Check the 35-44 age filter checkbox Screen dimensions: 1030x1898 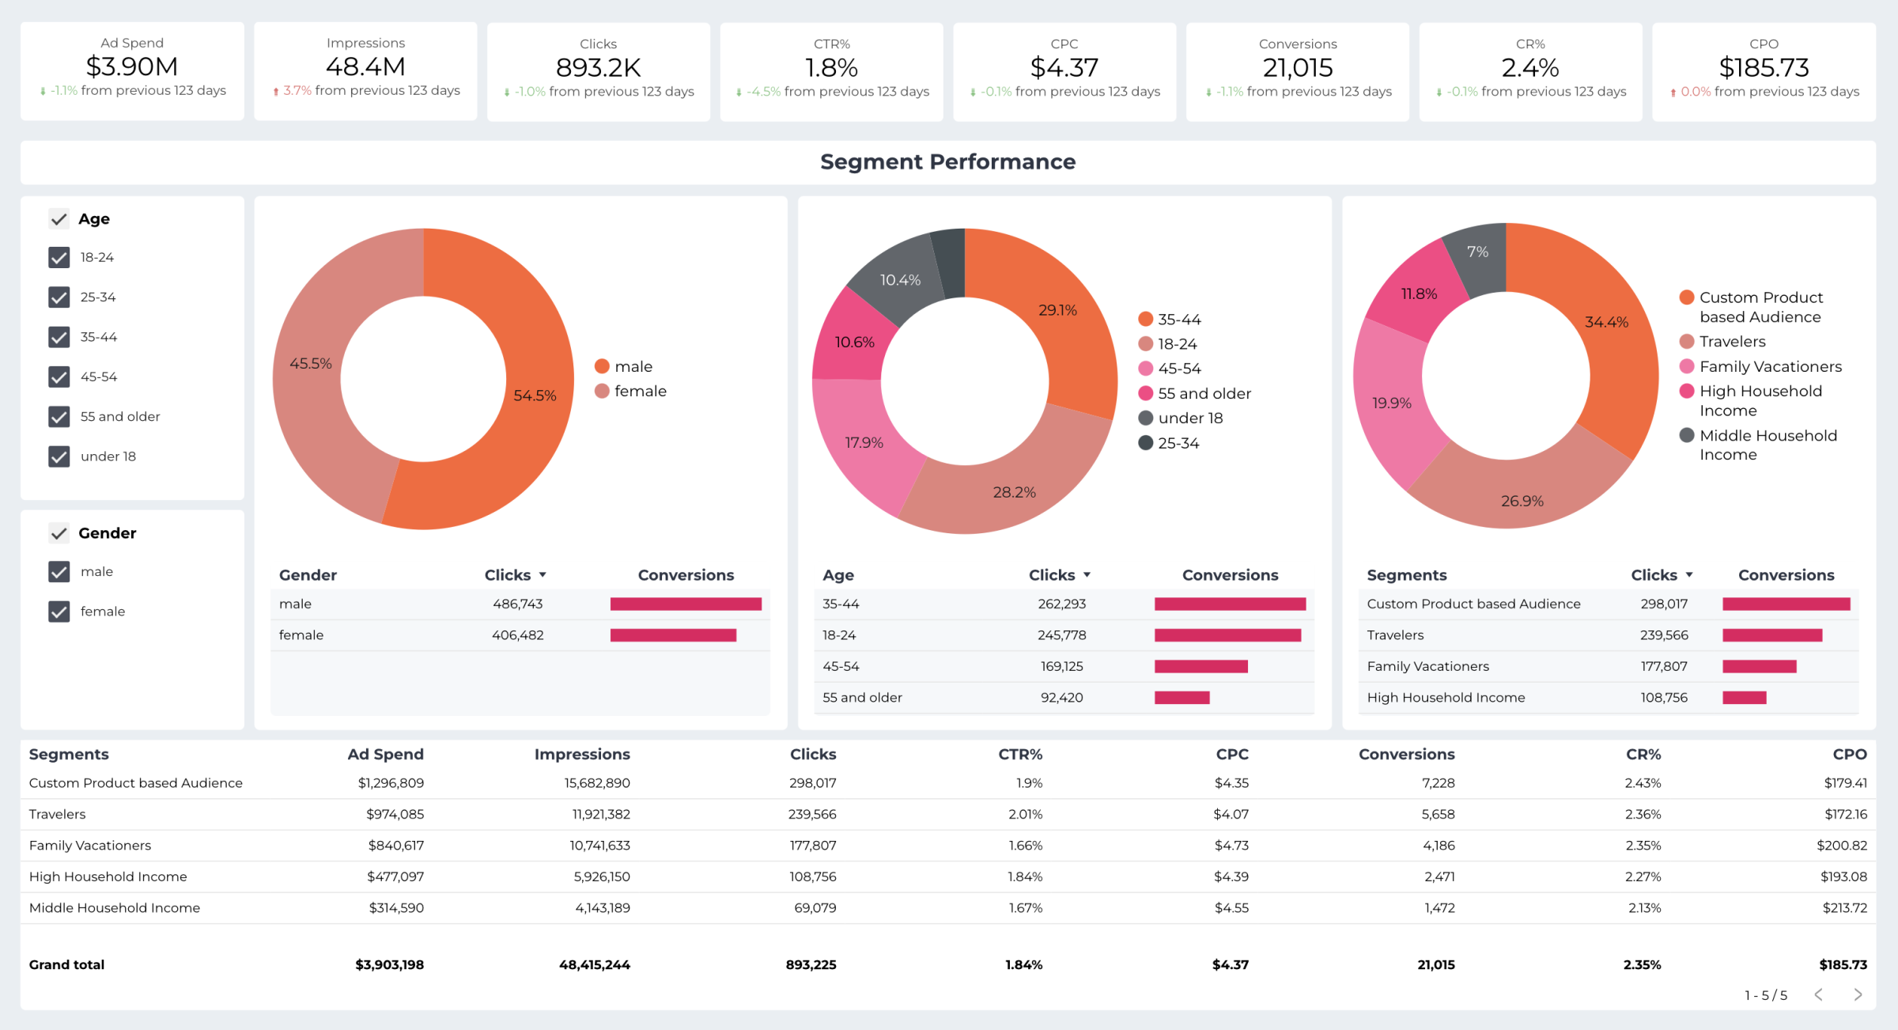coord(59,337)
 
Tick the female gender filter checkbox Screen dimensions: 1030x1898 coord(59,612)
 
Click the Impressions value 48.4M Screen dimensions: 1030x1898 coord(365,66)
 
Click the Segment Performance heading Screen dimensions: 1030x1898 coord(947,162)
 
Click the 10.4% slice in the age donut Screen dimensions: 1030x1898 coord(900,280)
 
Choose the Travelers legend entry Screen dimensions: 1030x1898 coord(1732,342)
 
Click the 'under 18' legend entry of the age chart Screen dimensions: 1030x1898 coord(1189,418)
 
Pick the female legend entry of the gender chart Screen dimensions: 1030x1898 coord(640,392)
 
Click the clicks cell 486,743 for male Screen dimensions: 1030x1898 coord(517,604)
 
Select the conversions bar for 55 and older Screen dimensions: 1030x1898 coord(1182,698)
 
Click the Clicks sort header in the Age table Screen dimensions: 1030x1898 coord(1059,575)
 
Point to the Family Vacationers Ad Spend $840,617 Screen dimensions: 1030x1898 coord(395,845)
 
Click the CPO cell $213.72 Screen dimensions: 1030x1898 coord(1844,907)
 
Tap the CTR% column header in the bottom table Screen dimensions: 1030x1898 coord(1019,754)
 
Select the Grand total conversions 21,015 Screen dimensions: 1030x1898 coord(1435,964)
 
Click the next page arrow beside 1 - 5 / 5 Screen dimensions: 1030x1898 coord(1858,994)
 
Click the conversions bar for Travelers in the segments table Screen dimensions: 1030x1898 coord(1771,635)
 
